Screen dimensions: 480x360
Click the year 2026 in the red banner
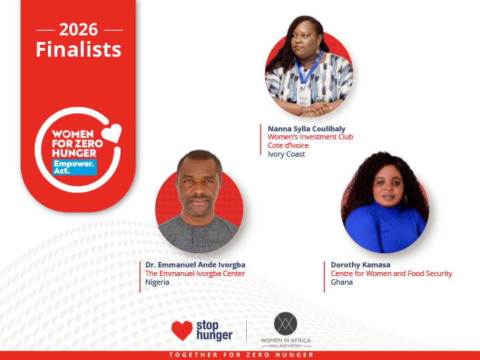[x=79, y=30]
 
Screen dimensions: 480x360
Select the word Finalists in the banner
[x=79, y=49]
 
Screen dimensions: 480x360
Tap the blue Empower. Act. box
[x=75, y=167]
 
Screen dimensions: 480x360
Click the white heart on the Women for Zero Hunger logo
[x=112, y=133]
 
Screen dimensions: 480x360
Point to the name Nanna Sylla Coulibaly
[x=307, y=129]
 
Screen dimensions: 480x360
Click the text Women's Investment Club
[x=311, y=137]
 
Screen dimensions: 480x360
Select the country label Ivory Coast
[x=286, y=154]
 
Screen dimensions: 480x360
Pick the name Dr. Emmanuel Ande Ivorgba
[x=195, y=265]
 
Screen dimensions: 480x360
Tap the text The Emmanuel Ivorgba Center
[x=195, y=273]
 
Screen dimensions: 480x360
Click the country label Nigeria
[x=157, y=282]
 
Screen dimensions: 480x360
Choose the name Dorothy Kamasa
[x=360, y=265]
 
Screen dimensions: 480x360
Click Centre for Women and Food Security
[x=391, y=273]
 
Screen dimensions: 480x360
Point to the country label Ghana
[x=341, y=282]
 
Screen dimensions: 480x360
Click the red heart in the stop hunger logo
[x=182, y=331]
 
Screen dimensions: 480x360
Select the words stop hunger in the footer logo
[x=214, y=331]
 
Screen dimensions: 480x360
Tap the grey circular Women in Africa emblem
[x=285, y=323]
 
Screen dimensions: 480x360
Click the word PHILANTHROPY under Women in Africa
[x=286, y=346]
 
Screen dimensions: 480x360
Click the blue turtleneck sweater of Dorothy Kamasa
[x=385, y=227]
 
